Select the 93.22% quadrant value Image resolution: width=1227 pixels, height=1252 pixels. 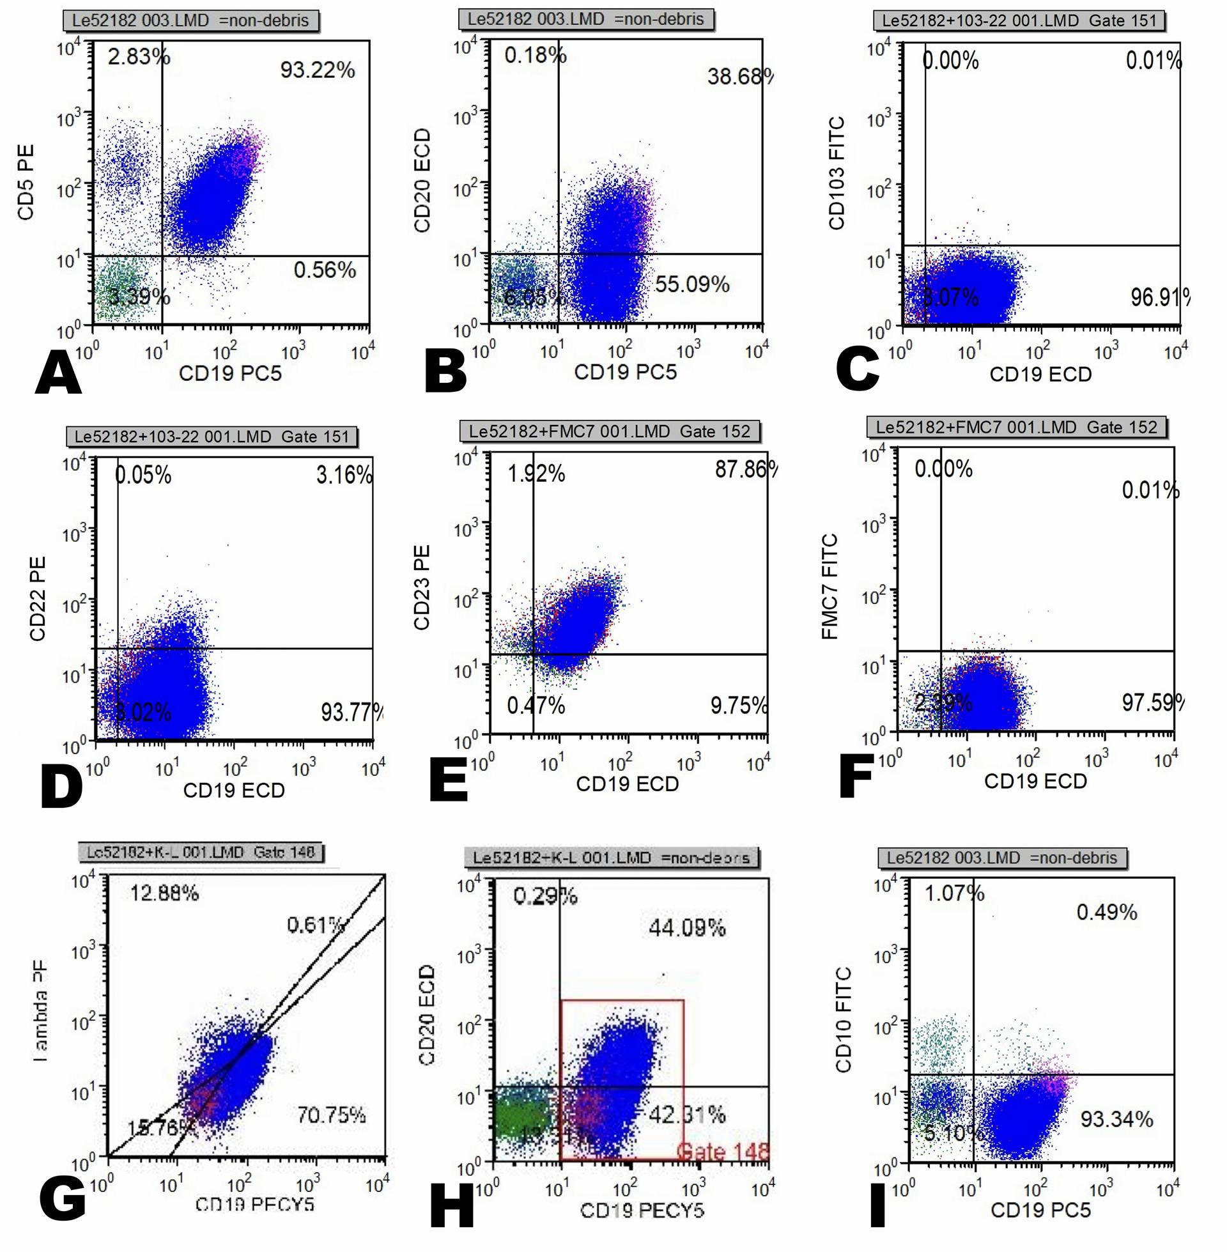[317, 70]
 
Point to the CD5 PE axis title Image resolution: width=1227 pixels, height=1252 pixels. [26, 182]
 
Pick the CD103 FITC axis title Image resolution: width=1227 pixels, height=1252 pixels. [837, 173]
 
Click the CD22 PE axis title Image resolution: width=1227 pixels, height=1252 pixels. [37, 599]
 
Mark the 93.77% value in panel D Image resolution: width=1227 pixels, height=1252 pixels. [352, 712]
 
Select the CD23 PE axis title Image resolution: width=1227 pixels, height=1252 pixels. [422, 587]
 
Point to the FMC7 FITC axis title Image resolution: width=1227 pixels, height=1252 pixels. [830, 586]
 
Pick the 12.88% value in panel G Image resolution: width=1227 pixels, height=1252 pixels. [164, 893]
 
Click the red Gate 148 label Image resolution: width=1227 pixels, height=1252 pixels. [723, 1151]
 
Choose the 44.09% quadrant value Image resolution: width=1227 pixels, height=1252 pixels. [687, 928]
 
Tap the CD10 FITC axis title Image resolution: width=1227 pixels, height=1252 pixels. [844, 1019]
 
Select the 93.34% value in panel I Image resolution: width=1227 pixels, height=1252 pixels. [1117, 1119]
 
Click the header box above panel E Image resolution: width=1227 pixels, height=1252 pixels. [610, 431]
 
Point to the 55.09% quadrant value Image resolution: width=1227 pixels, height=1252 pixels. [692, 284]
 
